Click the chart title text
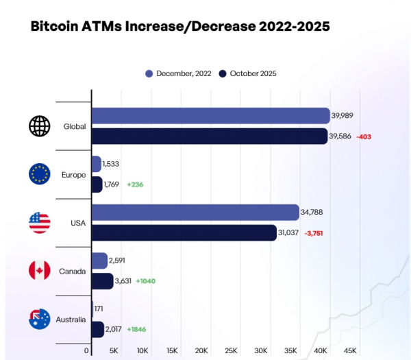pos(180,27)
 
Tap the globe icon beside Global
pos(39,126)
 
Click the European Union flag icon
pos(39,174)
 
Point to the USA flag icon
pos(39,223)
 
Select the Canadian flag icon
pos(39,271)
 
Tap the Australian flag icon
pos(39,319)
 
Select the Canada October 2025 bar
pos(102,281)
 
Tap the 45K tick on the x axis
pos(349,350)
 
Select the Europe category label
pos(73,175)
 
